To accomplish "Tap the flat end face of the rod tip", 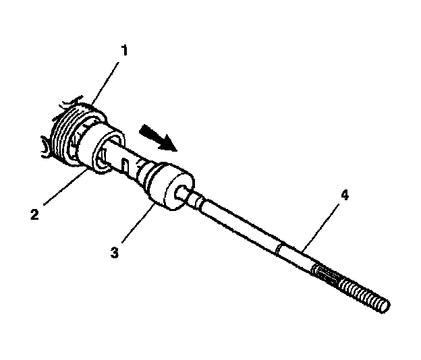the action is pyautogui.click(x=385, y=306).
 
